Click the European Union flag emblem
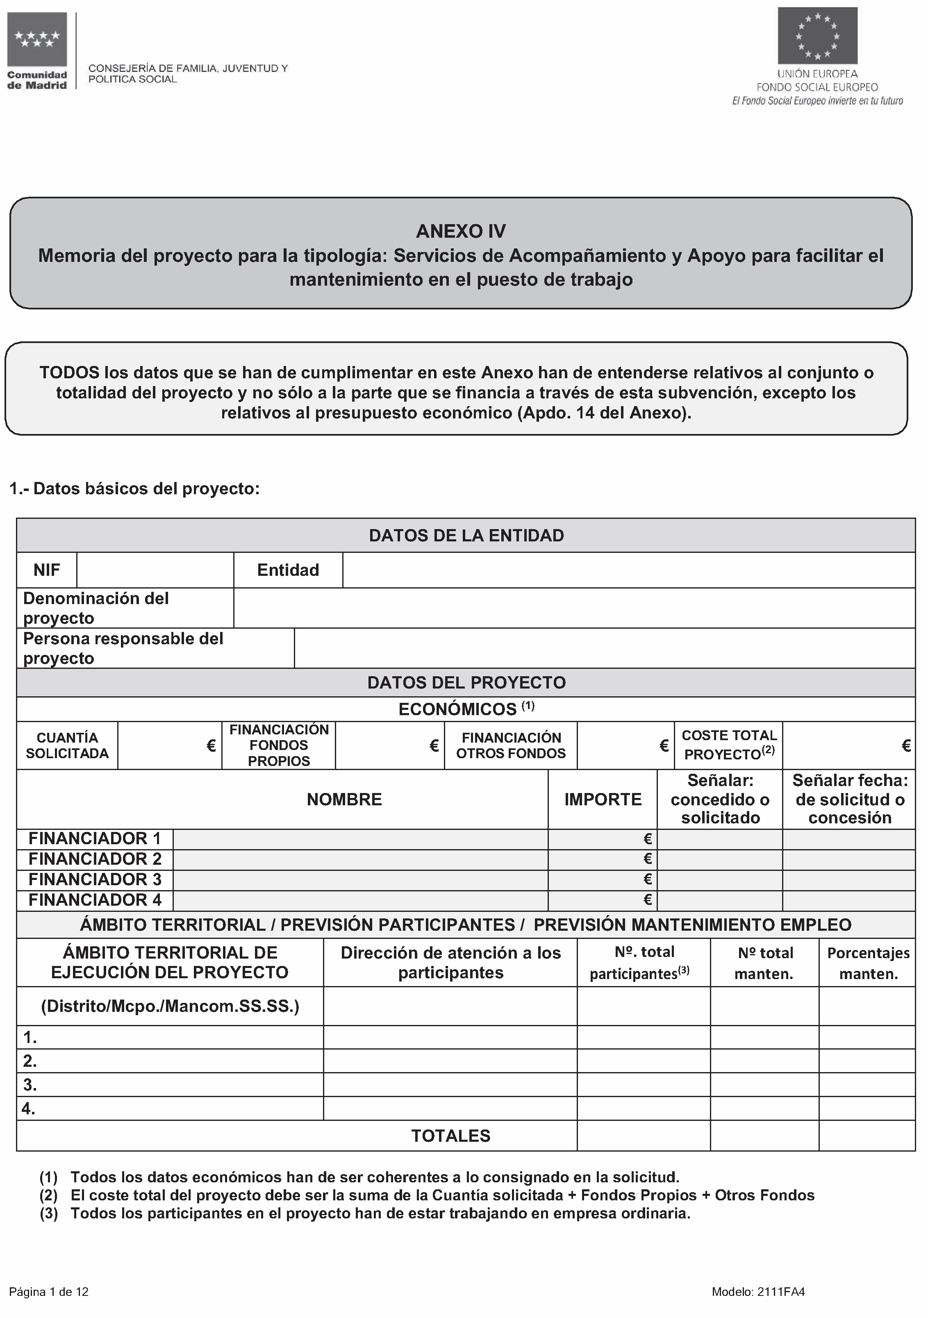[817, 36]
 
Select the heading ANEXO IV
[461, 231]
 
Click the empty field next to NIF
[155, 570]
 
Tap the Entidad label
[288, 570]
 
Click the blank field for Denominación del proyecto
[574, 608]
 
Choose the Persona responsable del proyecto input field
[604, 648]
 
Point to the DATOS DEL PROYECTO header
[466, 682]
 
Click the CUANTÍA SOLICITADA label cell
[67, 746]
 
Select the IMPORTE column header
[603, 800]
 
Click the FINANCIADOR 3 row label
[95, 879]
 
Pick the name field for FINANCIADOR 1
[360, 839]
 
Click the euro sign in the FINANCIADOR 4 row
[648, 900]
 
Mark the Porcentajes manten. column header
[868, 963]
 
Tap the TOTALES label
[451, 1136]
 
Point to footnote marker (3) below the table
[49, 1213]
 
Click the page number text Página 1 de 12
[49, 1292]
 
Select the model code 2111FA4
[781, 1292]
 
